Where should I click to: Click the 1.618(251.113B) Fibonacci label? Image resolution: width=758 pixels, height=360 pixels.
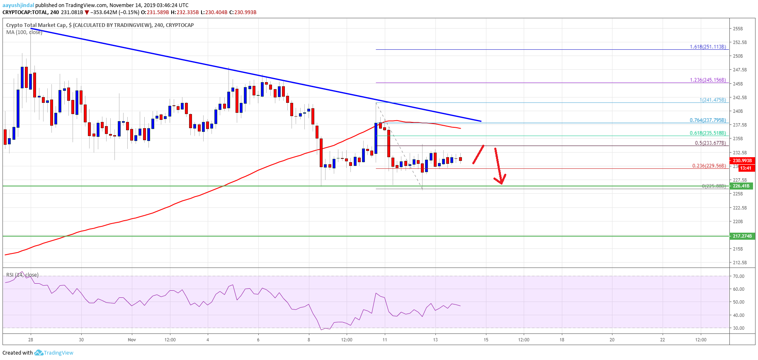(707, 47)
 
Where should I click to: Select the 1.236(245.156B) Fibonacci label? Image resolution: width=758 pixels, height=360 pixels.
(707, 80)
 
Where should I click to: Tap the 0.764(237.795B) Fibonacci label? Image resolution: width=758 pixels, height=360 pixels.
(707, 120)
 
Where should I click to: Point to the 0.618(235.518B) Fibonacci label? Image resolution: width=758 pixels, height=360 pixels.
(707, 133)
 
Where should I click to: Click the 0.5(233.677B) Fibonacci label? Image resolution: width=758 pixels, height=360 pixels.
(710, 143)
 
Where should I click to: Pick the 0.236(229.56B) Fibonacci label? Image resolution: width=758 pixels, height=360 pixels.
(709, 166)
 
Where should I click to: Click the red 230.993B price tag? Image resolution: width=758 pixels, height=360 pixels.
(742, 161)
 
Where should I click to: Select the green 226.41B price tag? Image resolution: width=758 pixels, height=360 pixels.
(741, 186)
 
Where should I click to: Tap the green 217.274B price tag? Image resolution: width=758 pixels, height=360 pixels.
(742, 236)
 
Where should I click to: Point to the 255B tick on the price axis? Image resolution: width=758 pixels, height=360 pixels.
(738, 29)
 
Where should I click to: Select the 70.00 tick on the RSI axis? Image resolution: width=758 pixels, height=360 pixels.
(739, 276)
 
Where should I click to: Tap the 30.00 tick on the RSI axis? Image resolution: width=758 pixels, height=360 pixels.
(739, 328)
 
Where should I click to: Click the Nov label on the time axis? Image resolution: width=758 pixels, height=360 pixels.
(132, 340)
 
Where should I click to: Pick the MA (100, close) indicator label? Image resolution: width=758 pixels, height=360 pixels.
(24, 32)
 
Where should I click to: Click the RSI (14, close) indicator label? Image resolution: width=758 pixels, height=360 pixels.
(22, 275)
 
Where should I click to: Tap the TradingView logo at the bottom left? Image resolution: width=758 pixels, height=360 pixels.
(54, 353)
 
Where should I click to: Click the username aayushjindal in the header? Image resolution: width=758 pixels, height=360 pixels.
(18, 5)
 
